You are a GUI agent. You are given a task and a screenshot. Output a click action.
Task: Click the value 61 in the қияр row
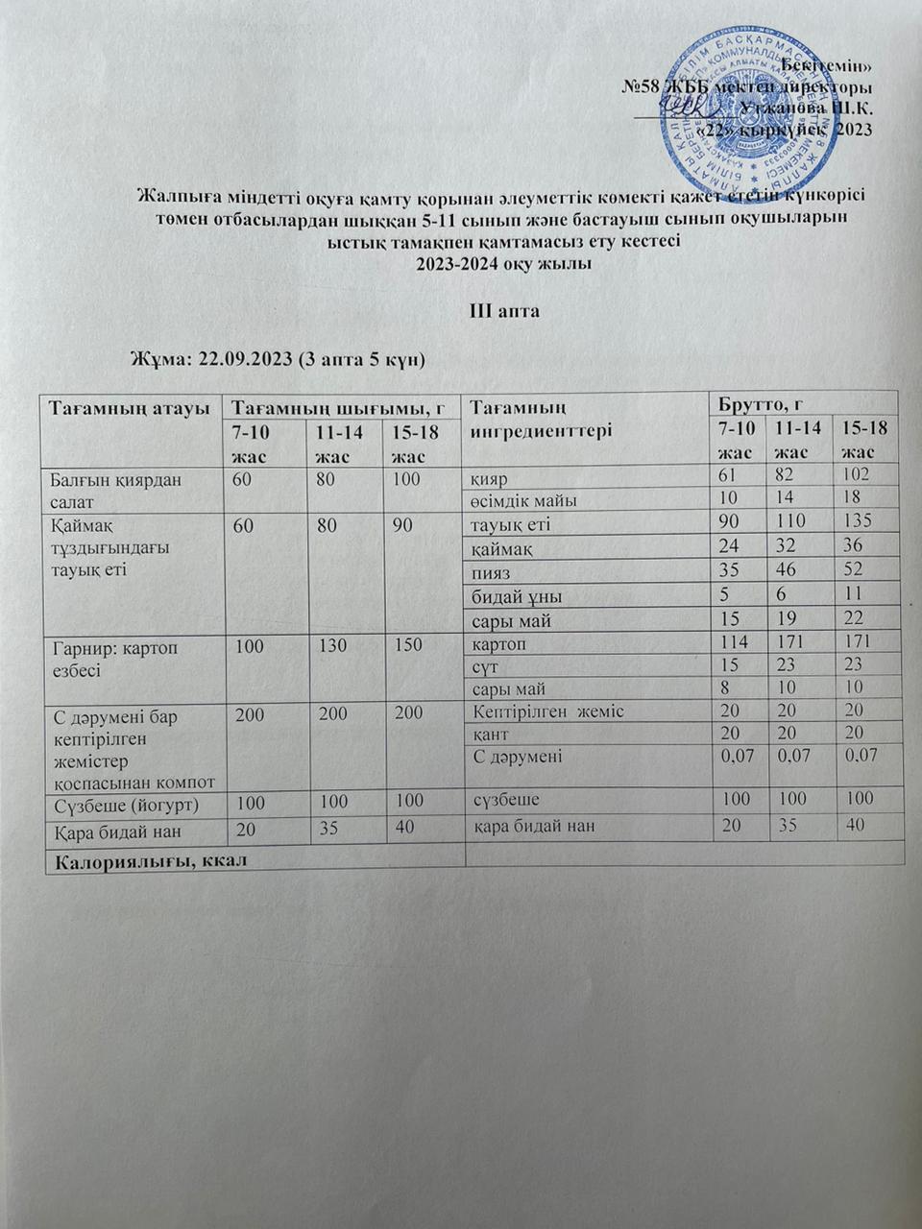click(x=733, y=474)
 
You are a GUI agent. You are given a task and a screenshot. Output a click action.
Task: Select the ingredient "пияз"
click(x=491, y=572)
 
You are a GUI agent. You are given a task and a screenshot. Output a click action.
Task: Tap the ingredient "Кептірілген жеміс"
click(x=548, y=711)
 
